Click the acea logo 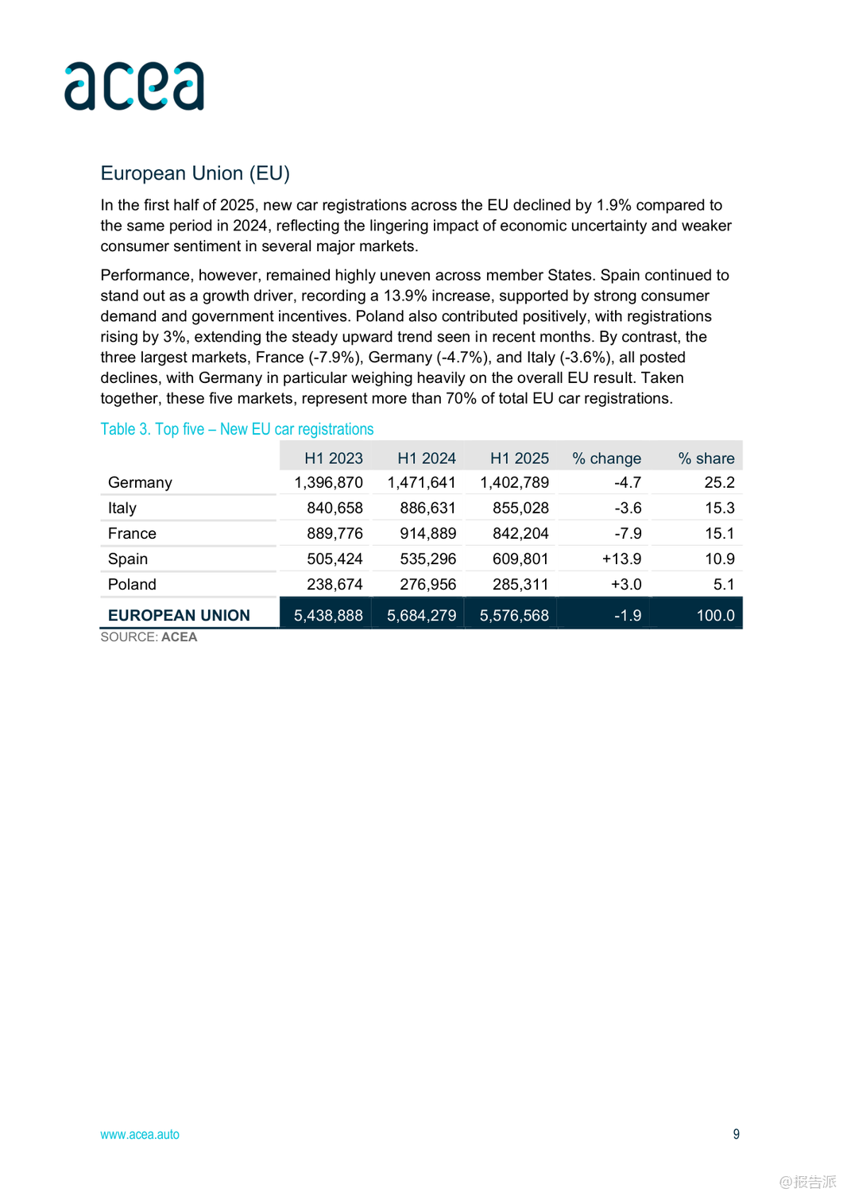click(134, 86)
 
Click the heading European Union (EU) click(195, 173)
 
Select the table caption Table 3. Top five click(237, 429)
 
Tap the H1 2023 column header click(333, 459)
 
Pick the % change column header click(606, 459)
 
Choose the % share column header click(706, 459)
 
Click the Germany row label click(140, 482)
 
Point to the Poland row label click(132, 584)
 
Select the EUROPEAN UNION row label click(179, 615)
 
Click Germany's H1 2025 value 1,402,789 click(514, 482)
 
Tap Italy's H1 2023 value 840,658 click(334, 508)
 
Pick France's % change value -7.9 click(628, 533)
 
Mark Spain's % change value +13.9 click(621, 559)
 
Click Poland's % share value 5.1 click(723, 584)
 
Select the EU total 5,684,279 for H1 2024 click(421, 615)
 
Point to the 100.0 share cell click(715, 615)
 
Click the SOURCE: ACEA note click(149, 637)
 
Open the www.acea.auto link click(140, 1134)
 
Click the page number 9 click(736, 1134)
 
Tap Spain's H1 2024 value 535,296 click(427, 559)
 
